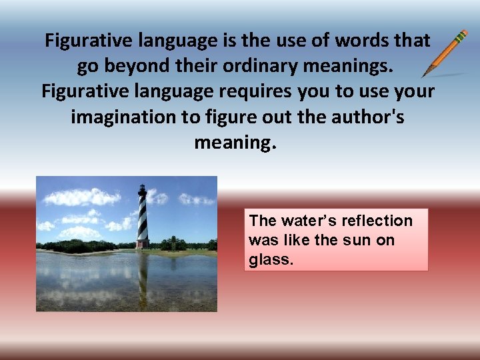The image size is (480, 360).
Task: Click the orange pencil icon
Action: pyautogui.click(x=445, y=51)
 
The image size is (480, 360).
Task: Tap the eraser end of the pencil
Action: pyautogui.click(x=463, y=33)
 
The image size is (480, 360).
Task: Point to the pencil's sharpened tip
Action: pyautogui.click(x=424, y=74)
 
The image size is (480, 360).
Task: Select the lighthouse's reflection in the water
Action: pyautogui.click(x=143, y=280)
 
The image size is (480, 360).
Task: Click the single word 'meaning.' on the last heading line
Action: pyautogui.click(x=235, y=142)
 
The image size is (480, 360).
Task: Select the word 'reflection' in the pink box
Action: pyautogui.click(x=377, y=221)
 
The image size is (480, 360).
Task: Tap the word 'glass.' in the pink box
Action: pyautogui.click(x=271, y=259)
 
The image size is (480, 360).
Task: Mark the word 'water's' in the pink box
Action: pyautogui.click(x=309, y=221)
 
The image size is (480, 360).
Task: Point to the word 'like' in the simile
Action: pyautogui.click(x=297, y=240)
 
